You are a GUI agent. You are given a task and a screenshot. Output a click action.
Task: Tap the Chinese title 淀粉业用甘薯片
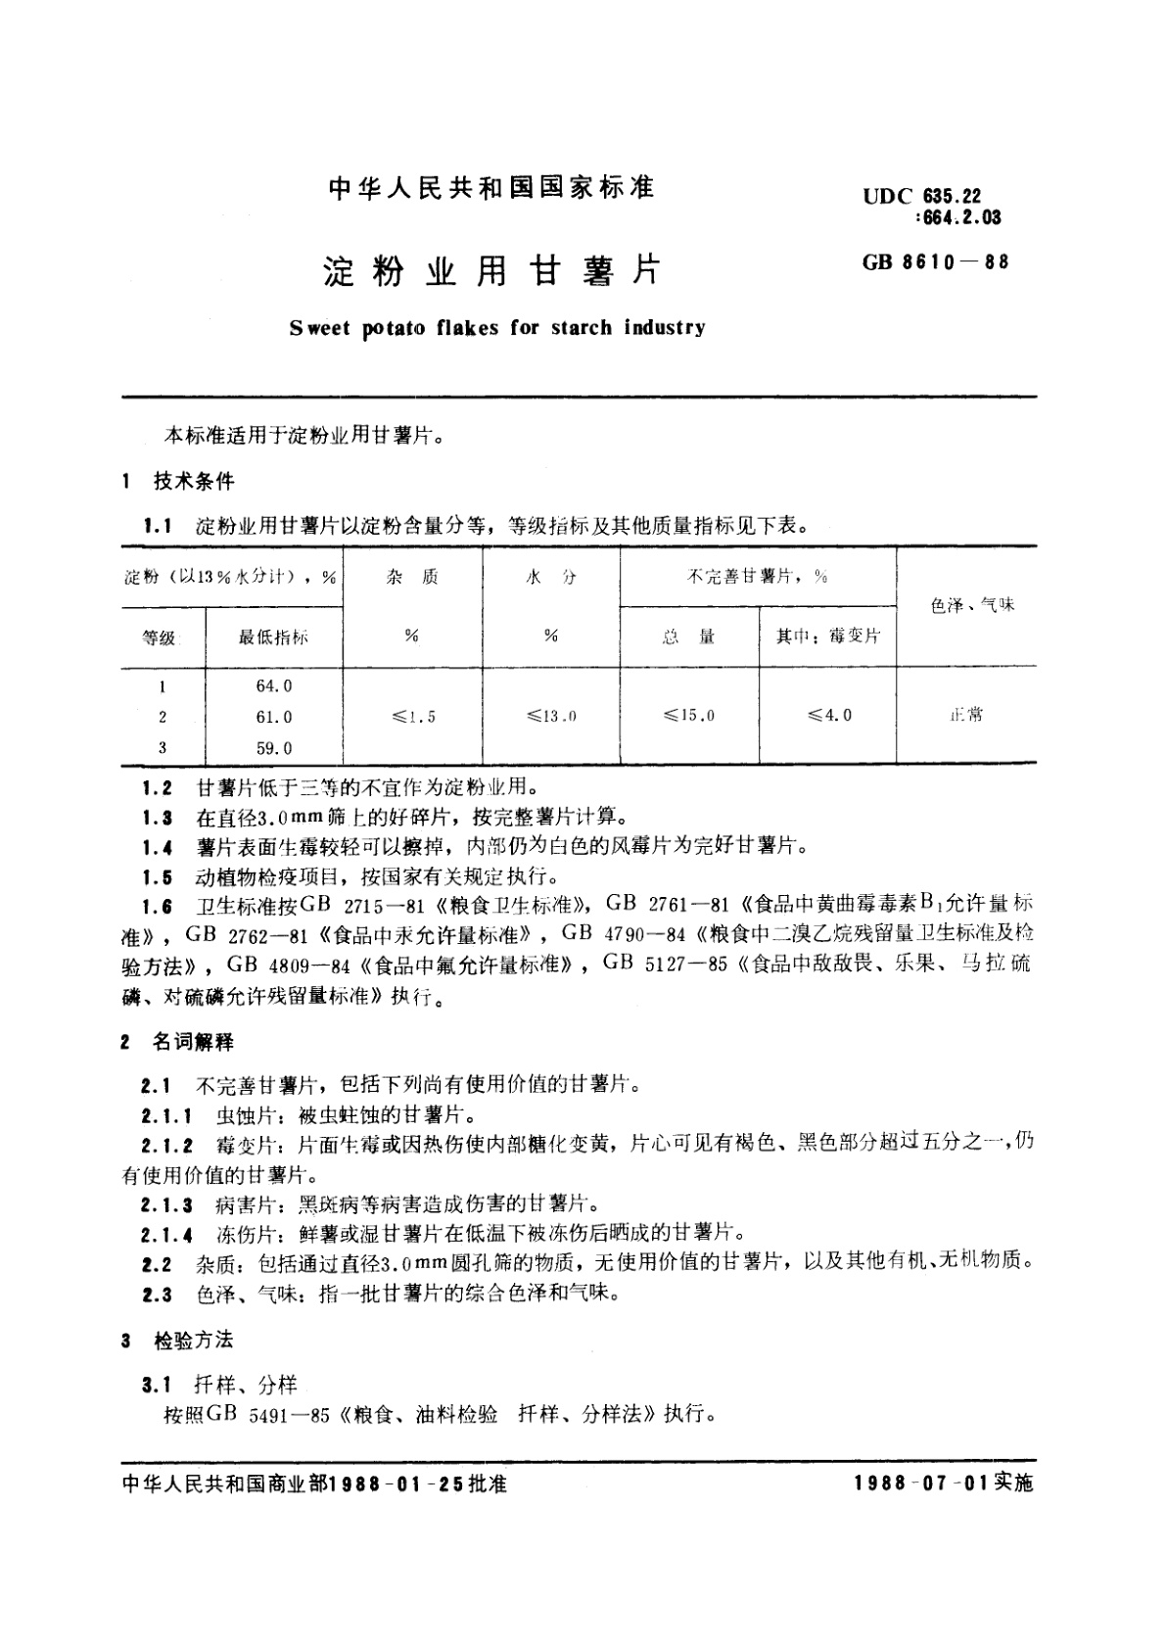pos(491,271)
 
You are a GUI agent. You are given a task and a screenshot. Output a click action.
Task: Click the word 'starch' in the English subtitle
pos(582,328)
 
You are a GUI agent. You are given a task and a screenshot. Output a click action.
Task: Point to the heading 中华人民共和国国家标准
pos(491,188)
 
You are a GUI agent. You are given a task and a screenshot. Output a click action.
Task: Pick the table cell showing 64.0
pos(274,686)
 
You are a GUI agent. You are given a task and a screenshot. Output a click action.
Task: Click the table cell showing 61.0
pos(274,717)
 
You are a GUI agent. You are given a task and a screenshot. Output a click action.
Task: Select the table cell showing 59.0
pos(274,748)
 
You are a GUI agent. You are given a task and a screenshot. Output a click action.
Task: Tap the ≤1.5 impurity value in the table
pos(413,717)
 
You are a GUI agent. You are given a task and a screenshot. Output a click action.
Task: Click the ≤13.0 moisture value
pos(551,717)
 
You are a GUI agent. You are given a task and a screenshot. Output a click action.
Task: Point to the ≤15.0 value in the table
pos(689,716)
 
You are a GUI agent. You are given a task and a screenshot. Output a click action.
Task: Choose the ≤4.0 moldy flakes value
pos(829,716)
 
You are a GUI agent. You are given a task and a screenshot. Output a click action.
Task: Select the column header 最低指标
pos(273,637)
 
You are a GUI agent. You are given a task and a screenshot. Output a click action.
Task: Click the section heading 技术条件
pos(194,481)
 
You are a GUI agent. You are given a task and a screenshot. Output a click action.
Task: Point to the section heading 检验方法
pos(194,1341)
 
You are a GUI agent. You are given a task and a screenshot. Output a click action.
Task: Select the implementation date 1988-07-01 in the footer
pos(922,1484)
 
